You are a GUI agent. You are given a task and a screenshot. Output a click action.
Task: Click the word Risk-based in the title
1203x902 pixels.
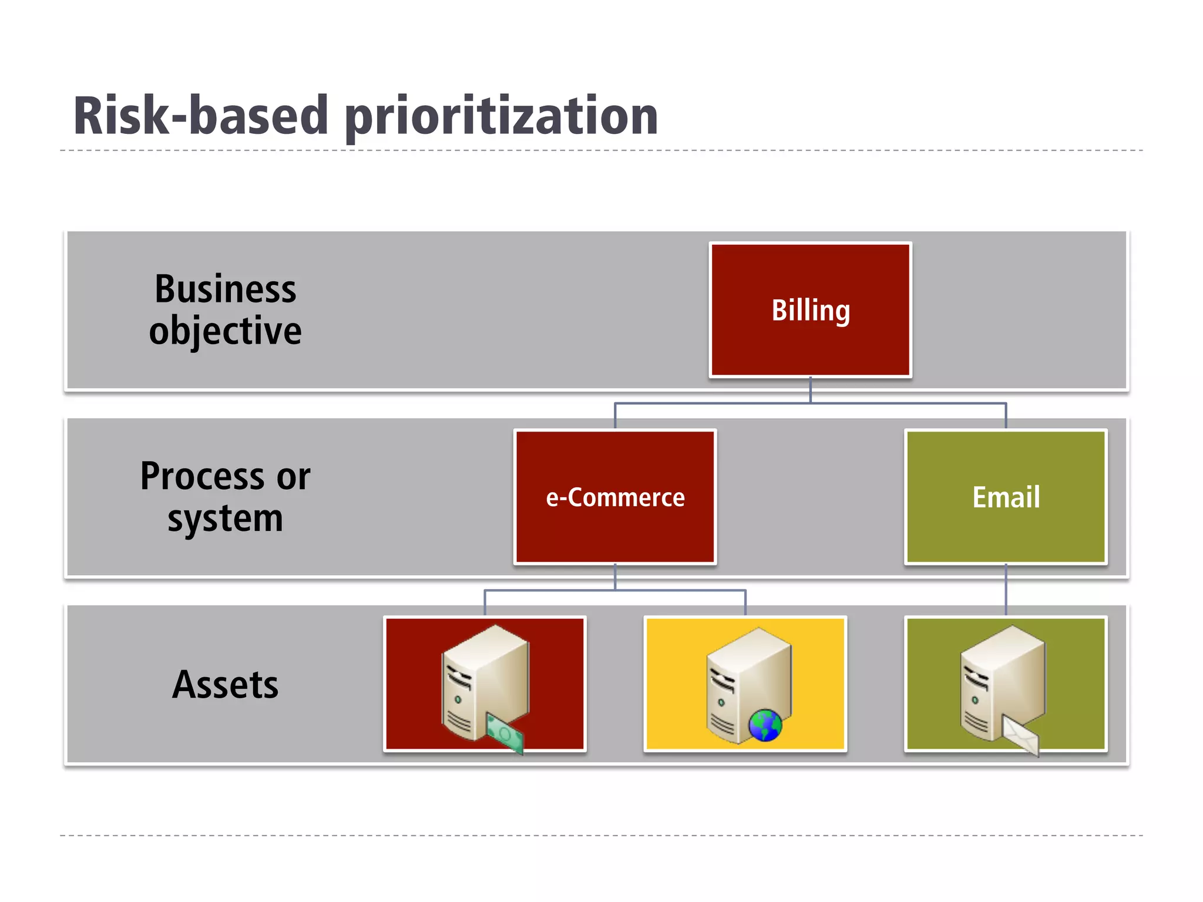click(x=200, y=116)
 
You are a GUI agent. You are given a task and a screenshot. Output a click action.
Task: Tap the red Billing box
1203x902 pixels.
click(x=810, y=309)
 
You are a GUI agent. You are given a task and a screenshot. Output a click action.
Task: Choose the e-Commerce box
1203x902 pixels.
click(x=615, y=497)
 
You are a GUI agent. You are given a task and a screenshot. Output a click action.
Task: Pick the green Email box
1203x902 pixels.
click(x=1006, y=497)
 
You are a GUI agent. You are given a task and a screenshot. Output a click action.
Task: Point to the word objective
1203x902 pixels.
click(x=226, y=331)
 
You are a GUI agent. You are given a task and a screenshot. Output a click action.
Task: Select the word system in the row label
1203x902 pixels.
click(x=226, y=519)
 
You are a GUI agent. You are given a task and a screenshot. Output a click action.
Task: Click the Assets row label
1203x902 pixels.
click(x=226, y=685)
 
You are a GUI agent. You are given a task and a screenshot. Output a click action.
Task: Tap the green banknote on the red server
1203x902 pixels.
click(x=505, y=732)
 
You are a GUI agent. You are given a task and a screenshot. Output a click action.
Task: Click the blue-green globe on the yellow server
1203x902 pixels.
click(x=765, y=725)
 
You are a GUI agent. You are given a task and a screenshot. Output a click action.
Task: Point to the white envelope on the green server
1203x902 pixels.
click(x=1020, y=734)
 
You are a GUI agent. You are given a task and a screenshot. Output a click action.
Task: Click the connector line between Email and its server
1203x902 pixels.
click(x=1006, y=590)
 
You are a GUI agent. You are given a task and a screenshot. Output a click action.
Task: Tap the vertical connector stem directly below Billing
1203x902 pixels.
click(x=810, y=390)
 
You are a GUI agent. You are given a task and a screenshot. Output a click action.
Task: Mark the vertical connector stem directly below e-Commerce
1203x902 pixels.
click(x=615, y=577)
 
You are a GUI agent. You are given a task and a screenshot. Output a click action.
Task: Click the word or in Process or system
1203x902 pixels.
click(x=293, y=477)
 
